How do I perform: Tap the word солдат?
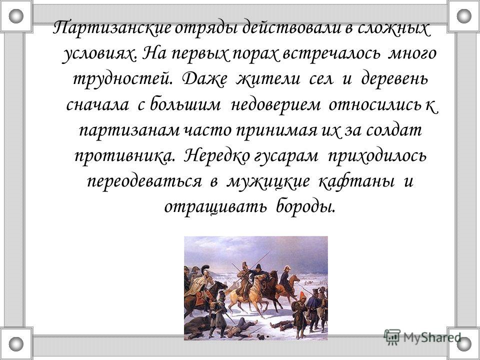point(393,130)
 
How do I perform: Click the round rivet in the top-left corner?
point(16,16)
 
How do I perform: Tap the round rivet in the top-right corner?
point(464,16)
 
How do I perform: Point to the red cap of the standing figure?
point(302,295)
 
